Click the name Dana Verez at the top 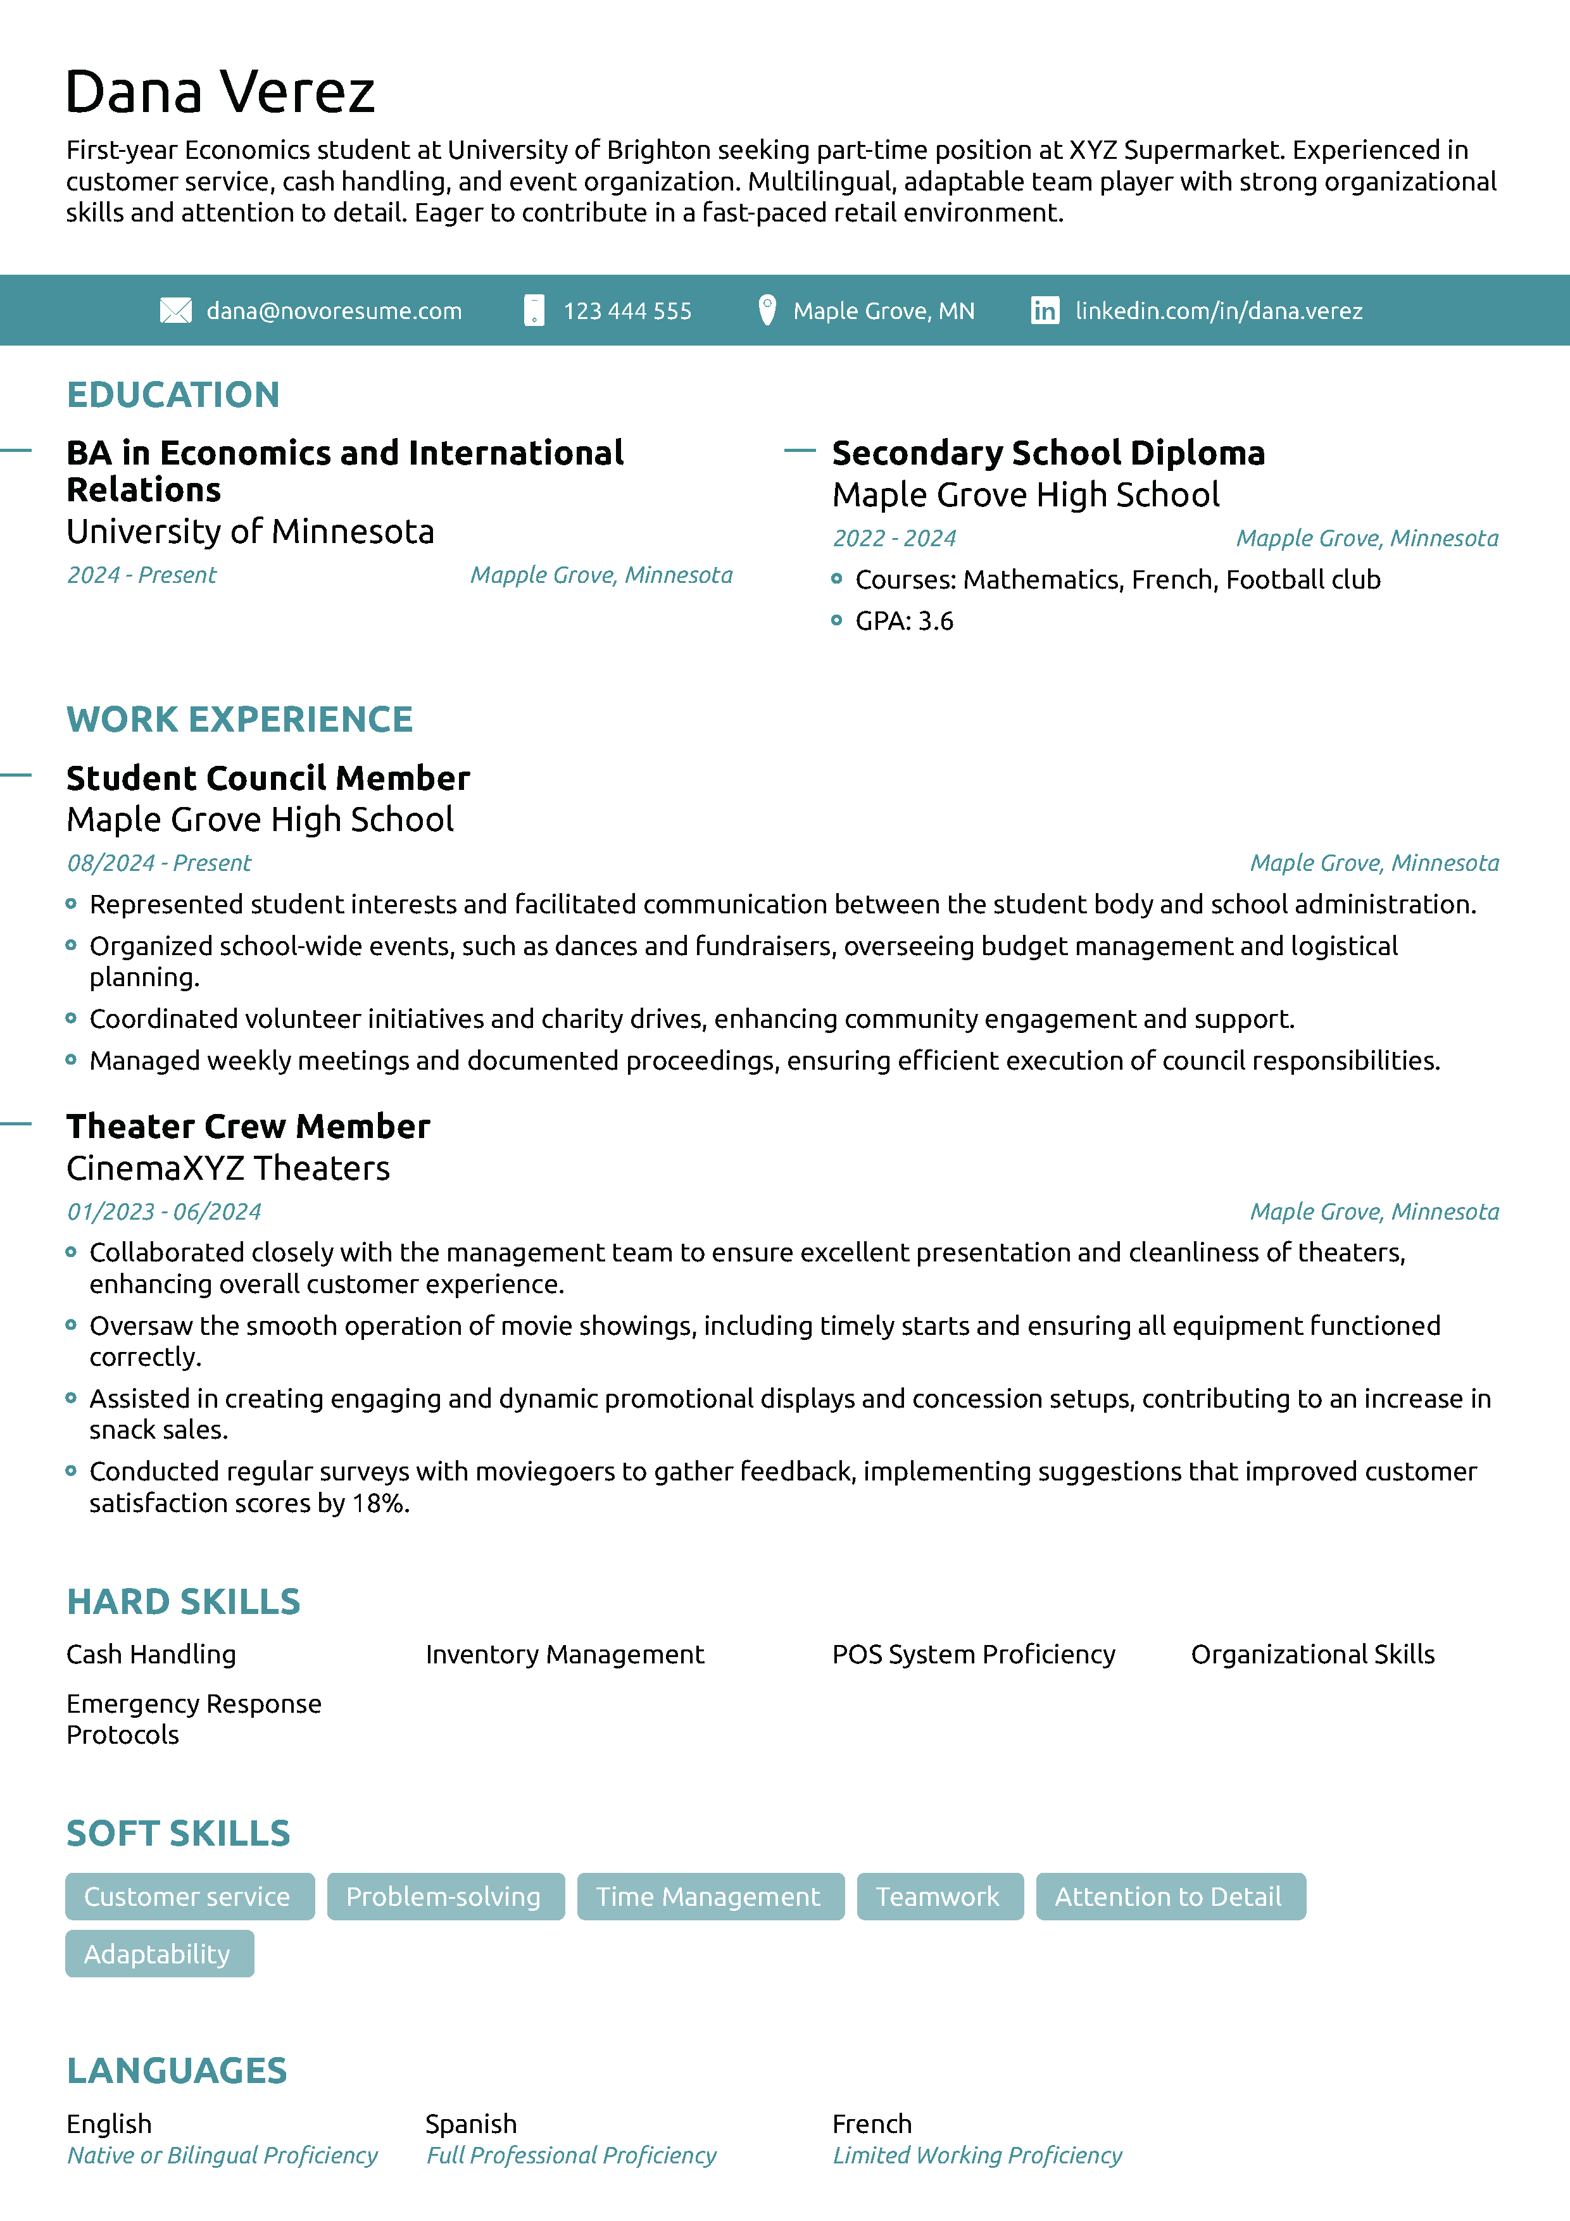(220, 93)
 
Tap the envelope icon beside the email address (175, 311)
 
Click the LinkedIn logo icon (1044, 311)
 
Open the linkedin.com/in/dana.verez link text (1218, 311)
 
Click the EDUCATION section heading (173, 395)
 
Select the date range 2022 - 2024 (894, 539)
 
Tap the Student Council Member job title (268, 779)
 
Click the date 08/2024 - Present (159, 863)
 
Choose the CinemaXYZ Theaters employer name (229, 1168)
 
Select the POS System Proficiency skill (973, 1654)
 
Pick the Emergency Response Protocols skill (194, 1719)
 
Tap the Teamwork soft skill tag (938, 1896)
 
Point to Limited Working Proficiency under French (977, 2155)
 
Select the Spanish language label (471, 2124)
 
